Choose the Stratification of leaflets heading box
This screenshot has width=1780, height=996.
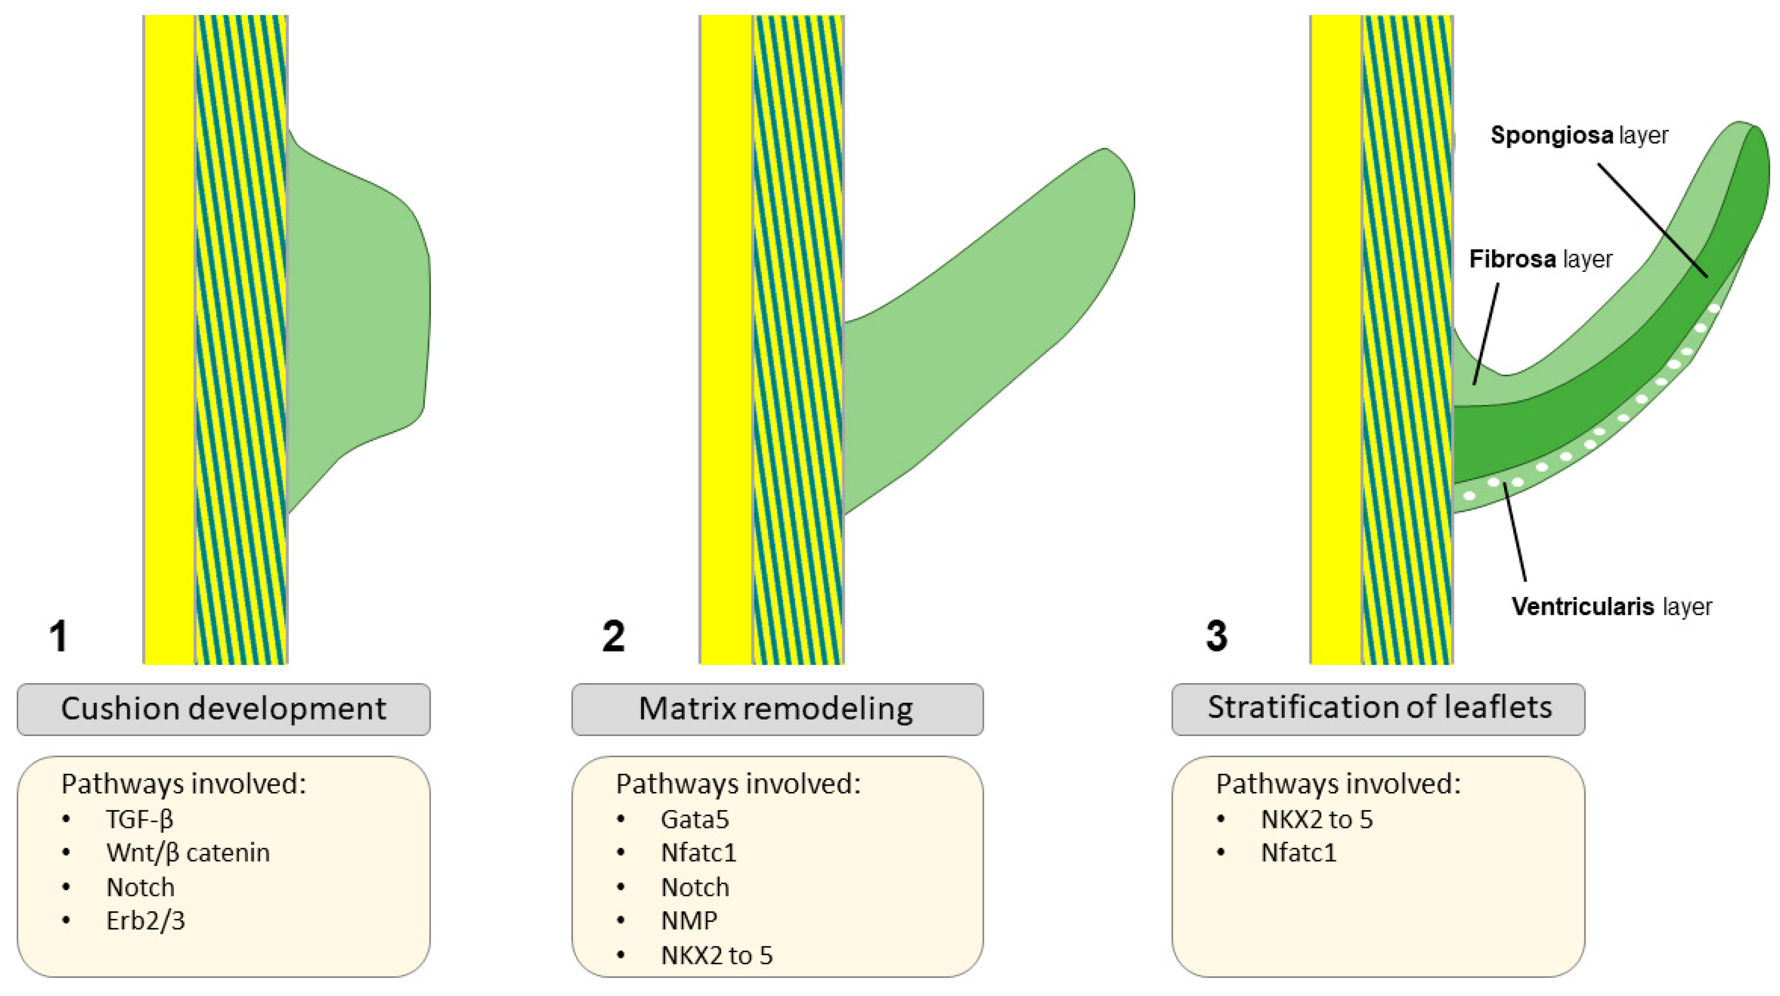(1378, 709)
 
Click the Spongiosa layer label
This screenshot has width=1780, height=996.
(1579, 135)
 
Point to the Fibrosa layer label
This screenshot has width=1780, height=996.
(1540, 259)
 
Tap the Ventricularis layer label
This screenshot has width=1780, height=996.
(1611, 607)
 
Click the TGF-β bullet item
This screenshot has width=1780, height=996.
(140, 819)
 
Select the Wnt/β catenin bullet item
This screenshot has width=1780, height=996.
(187, 853)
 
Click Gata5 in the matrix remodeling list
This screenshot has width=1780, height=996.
(694, 819)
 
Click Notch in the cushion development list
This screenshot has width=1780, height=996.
(140, 887)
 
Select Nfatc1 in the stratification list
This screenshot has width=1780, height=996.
(1298, 853)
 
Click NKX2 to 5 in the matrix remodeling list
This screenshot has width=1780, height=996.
(717, 955)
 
